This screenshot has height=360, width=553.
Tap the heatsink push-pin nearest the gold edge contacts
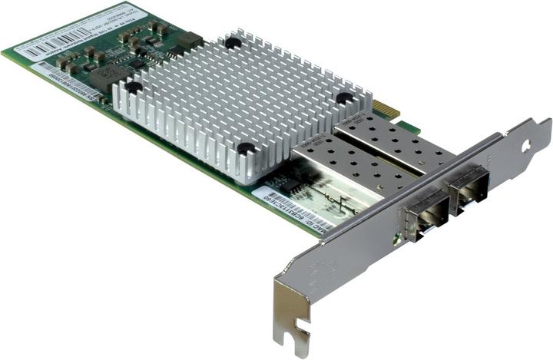coord(344,97)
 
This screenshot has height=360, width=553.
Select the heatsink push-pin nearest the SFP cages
coord(246,147)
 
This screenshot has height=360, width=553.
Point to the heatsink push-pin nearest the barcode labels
coord(134,88)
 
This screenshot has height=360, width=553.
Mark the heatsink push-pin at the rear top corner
coord(233,43)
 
